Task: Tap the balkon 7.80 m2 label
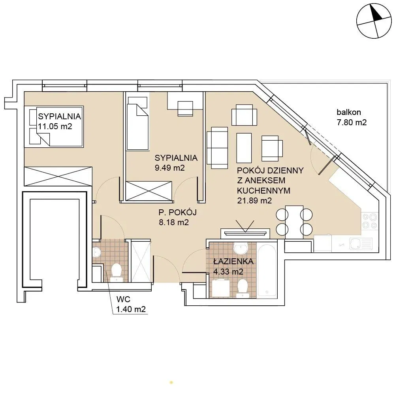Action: (352, 117)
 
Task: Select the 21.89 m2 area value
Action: (254, 201)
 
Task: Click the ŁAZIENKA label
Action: (233, 261)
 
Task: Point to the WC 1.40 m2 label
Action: (131, 304)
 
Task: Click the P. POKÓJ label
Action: (177, 213)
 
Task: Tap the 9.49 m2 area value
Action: (170, 168)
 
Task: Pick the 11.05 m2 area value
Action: (55, 126)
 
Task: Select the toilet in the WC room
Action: (117, 272)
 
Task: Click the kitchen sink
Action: (361, 244)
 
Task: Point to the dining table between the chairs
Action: (294, 222)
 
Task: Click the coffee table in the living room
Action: (244, 148)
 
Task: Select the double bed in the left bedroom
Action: (54, 126)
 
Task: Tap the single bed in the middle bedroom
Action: (137, 124)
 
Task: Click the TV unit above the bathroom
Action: (245, 233)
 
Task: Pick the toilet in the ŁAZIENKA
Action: (243, 288)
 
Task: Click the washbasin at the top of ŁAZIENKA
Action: (241, 248)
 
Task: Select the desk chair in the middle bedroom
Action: (185, 109)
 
